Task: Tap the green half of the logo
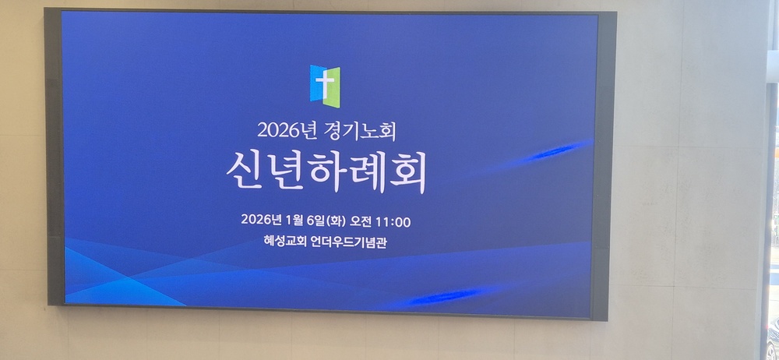coord(332,87)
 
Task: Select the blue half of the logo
coord(316,83)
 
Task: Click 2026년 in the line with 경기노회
coord(280,130)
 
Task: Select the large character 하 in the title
coord(326,171)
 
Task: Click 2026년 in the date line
coord(262,219)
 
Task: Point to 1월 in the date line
coord(293,220)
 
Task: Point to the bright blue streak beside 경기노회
coord(556,151)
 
